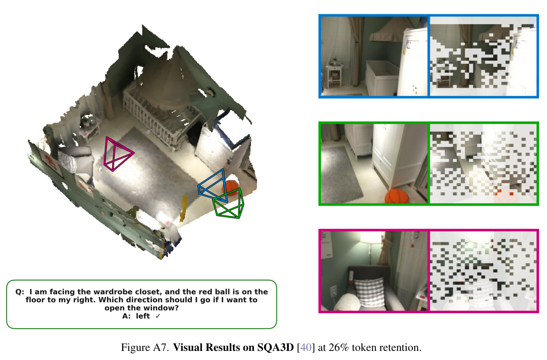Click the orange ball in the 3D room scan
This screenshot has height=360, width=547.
coord(230,187)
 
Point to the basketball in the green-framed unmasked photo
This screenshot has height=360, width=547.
coord(396,196)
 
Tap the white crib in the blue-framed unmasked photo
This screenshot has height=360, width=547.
coord(382,78)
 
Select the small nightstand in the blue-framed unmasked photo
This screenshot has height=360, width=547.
coord(334,75)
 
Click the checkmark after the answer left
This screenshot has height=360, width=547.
coord(158,316)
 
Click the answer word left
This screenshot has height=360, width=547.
coord(143,316)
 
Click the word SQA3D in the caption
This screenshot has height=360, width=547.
coord(275,347)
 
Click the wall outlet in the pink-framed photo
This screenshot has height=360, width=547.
coord(333,290)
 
